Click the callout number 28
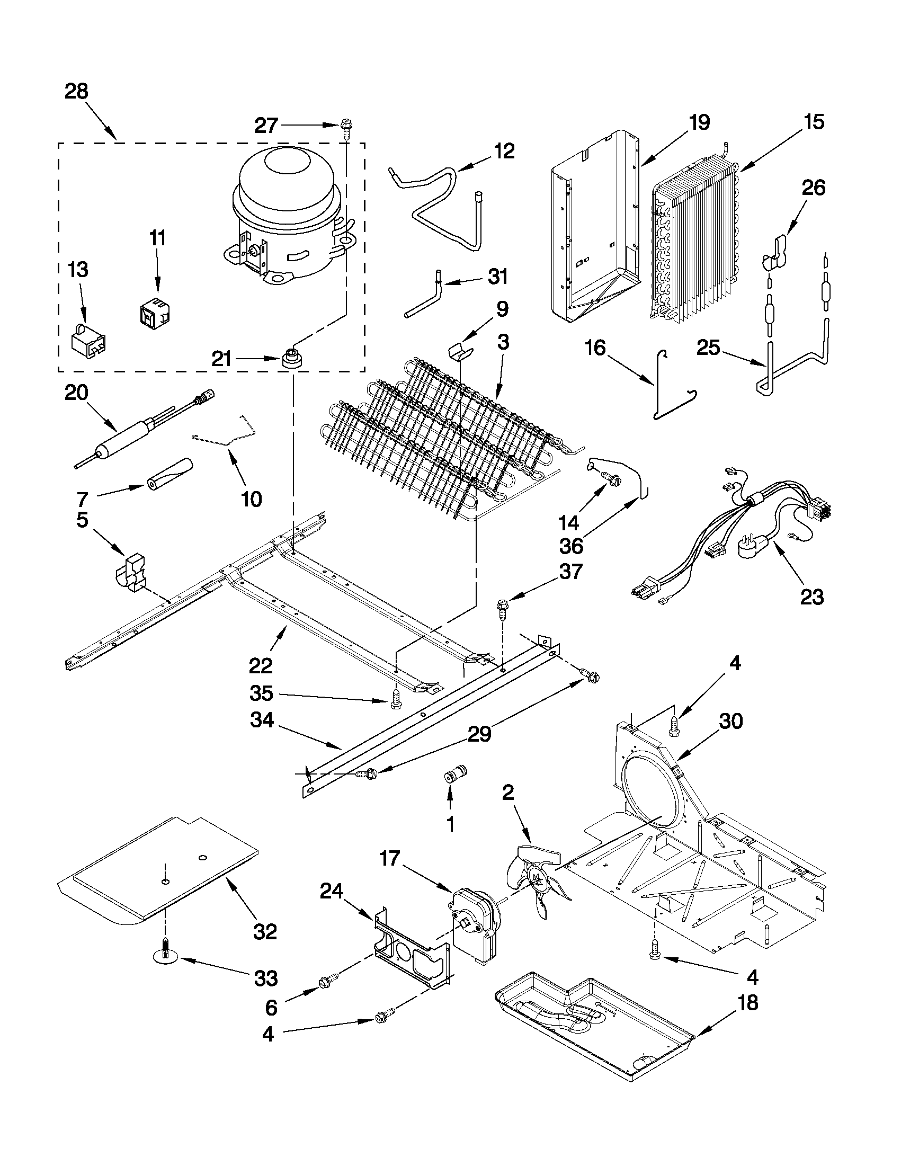tap(76, 91)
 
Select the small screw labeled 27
tap(345, 129)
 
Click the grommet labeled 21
tap(291, 357)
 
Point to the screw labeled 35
tap(396, 699)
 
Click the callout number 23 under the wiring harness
tap(811, 597)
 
